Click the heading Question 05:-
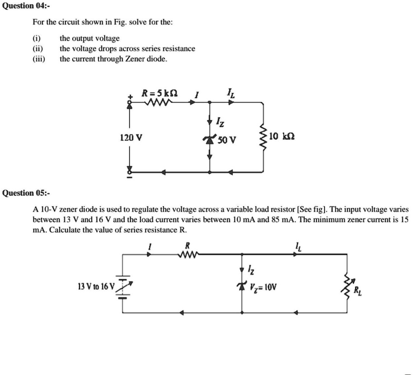(x=26, y=193)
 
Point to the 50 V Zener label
(x=226, y=141)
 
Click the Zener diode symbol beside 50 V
(x=209, y=140)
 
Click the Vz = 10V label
(x=264, y=286)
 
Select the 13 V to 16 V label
(x=96, y=286)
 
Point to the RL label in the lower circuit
(x=357, y=291)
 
